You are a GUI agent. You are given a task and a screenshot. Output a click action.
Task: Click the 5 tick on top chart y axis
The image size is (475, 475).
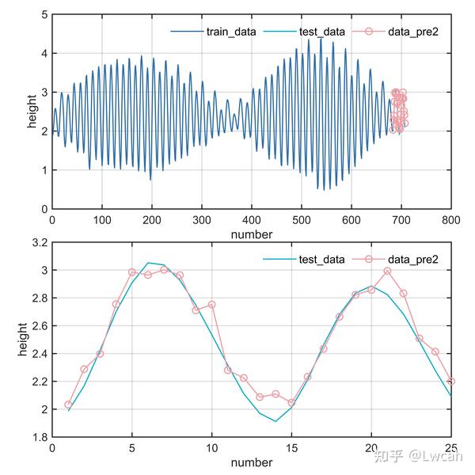click(x=44, y=14)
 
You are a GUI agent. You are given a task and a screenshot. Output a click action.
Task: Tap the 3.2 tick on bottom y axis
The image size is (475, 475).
click(x=37, y=242)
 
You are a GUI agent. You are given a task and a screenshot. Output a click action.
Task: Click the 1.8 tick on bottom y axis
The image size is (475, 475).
click(x=37, y=437)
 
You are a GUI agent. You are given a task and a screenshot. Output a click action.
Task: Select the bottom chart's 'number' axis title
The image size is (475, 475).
click(x=251, y=462)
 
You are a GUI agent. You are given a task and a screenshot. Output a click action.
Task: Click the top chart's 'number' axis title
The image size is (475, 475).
click(x=251, y=234)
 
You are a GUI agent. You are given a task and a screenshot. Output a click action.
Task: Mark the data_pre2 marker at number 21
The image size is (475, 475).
click(x=387, y=271)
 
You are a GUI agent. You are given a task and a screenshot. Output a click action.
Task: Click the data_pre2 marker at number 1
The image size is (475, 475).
click(x=68, y=405)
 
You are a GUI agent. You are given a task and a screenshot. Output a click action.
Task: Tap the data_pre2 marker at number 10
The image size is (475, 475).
click(x=211, y=305)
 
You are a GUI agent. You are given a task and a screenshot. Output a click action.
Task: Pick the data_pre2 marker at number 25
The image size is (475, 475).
click(x=450, y=381)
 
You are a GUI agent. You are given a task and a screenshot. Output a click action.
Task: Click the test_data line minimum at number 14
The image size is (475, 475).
click(x=275, y=421)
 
